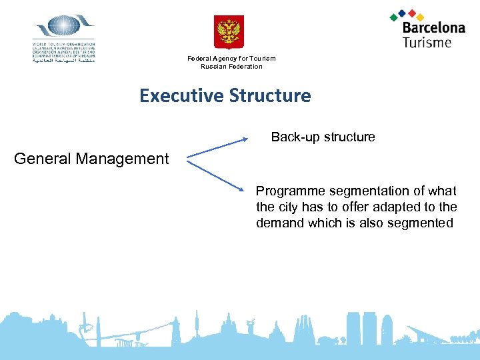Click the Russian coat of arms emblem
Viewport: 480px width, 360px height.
pyautogui.click(x=229, y=32)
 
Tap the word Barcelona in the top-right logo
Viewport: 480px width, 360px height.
pyautogui.click(x=433, y=28)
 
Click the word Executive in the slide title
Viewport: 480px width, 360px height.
pyautogui.click(x=181, y=96)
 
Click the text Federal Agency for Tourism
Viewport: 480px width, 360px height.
pyautogui.click(x=231, y=59)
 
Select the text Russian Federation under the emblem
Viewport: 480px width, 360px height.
pyautogui.click(x=231, y=67)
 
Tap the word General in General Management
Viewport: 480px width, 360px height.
pyautogui.click(x=43, y=159)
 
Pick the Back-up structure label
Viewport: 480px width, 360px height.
pyautogui.click(x=323, y=137)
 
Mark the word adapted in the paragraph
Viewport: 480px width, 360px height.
pyautogui.click(x=401, y=207)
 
